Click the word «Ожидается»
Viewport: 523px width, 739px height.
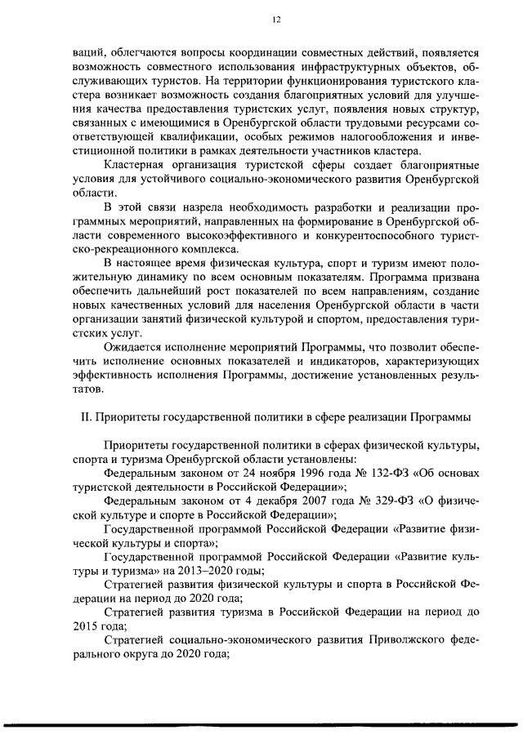point(134,347)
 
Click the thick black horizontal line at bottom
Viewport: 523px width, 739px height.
point(261,723)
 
